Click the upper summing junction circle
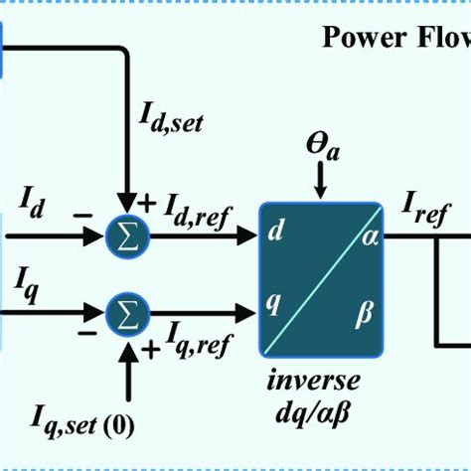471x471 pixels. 128,236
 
